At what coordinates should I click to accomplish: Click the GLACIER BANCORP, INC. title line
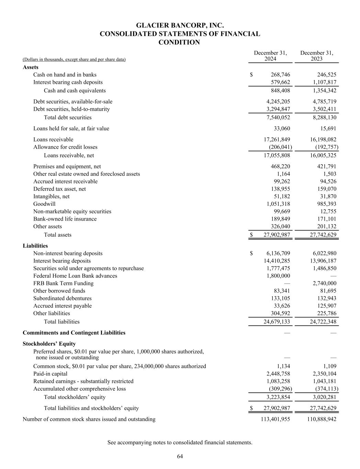180,25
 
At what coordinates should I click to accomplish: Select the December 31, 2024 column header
270,56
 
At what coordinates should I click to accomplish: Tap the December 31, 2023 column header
317,56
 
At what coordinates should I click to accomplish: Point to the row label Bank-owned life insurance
65,219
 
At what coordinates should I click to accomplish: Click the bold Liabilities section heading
35,246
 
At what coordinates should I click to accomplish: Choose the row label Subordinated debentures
63,299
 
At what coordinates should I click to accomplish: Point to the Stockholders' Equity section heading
49,344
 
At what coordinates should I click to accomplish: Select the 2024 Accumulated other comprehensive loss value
280,389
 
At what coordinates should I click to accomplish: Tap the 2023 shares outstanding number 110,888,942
322,419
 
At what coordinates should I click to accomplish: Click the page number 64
180,456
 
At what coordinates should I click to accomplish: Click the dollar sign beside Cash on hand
251,75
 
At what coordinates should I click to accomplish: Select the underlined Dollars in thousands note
74,60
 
